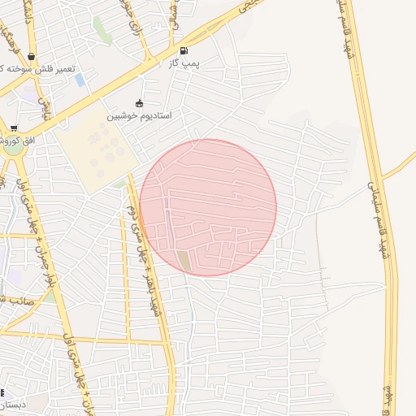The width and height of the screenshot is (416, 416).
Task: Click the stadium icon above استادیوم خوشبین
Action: [x=139, y=103]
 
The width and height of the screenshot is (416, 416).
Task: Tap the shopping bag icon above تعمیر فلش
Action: [x=31, y=56]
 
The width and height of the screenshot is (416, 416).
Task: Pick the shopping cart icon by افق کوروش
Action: [x=14, y=128]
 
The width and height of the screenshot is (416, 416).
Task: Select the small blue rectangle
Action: [x=79, y=80]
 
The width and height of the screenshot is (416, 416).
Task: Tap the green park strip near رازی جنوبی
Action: [x=102, y=31]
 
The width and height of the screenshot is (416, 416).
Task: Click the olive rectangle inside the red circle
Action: [x=183, y=262]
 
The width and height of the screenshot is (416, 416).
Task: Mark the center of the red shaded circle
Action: [x=208, y=207]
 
